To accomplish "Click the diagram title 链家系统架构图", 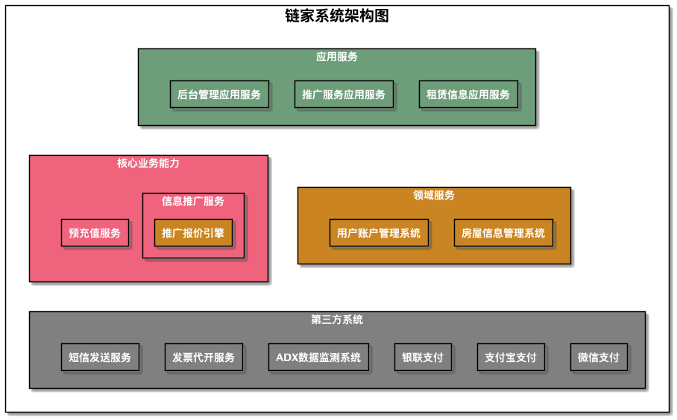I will click(x=337, y=16).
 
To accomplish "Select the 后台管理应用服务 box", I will click(x=219, y=95).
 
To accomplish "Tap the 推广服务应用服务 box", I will click(x=344, y=95).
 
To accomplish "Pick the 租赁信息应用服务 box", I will click(x=468, y=95).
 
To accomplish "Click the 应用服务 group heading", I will click(x=337, y=57).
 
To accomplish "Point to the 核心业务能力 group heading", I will click(x=148, y=163).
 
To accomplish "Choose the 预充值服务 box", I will click(x=95, y=233).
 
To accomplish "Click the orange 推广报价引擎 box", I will click(x=193, y=233).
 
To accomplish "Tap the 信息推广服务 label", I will click(x=193, y=201).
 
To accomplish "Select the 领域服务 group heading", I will click(x=434, y=195).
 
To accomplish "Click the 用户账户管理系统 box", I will click(x=379, y=233).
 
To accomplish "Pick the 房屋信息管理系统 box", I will click(x=503, y=233).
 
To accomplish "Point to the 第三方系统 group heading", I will click(x=337, y=320).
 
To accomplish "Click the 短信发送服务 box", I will click(x=100, y=357).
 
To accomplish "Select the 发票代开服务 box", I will click(x=204, y=357).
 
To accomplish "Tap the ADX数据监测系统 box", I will click(x=318, y=357).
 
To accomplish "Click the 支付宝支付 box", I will click(x=511, y=357).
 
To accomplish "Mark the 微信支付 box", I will click(x=599, y=357).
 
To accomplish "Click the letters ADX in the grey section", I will click(x=286, y=357).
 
